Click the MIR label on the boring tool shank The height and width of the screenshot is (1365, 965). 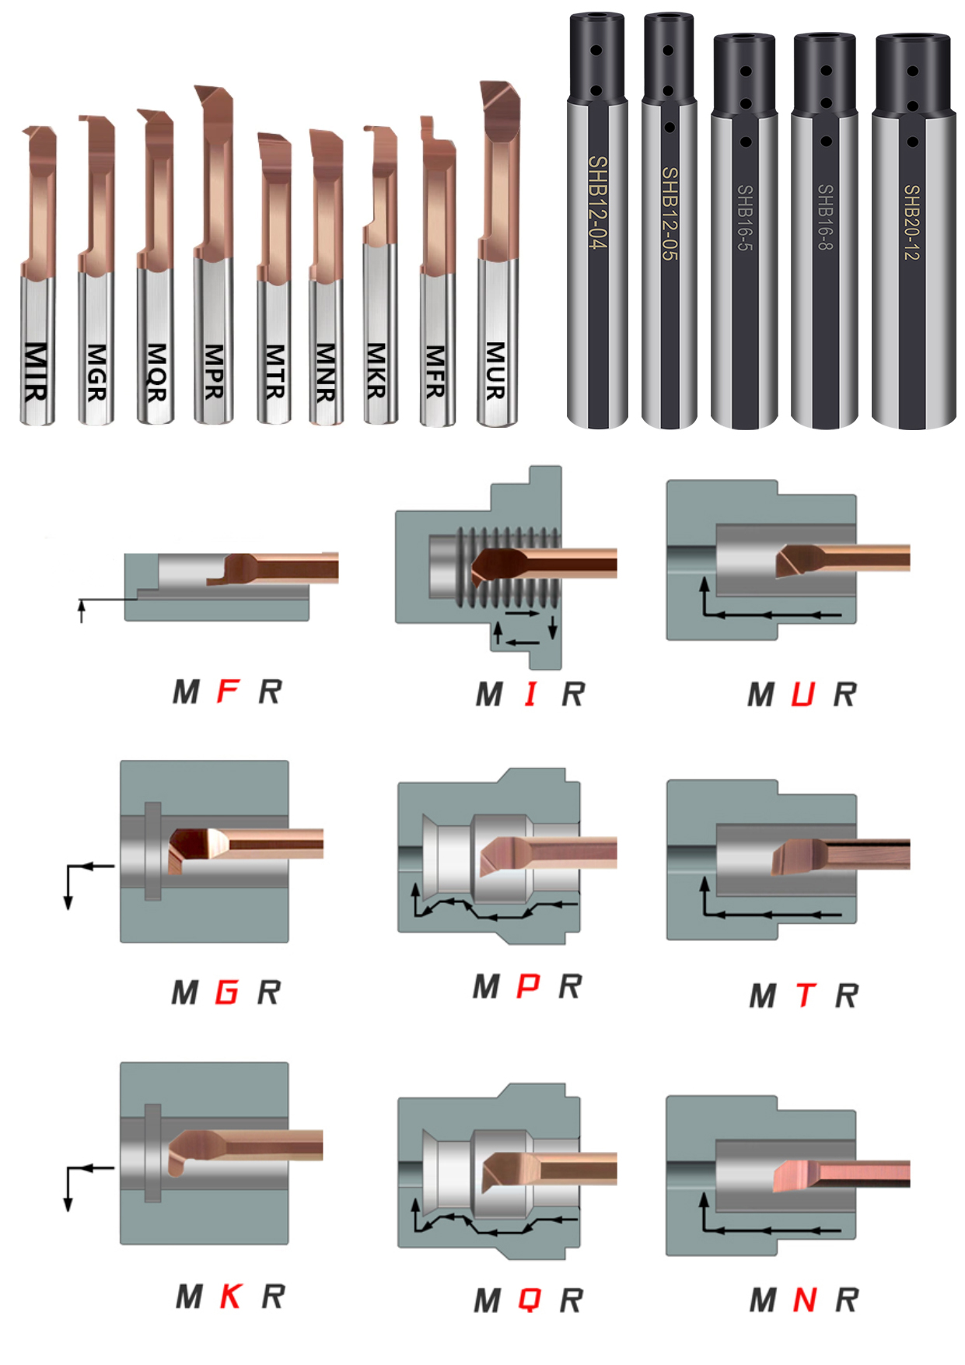(36, 372)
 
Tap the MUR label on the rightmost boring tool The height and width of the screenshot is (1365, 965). (496, 371)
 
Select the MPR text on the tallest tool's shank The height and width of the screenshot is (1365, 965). (214, 372)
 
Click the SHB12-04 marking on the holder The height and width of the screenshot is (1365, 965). (597, 202)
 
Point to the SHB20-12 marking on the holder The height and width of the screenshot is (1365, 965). (912, 222)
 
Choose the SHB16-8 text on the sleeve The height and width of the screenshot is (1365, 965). (826, 217)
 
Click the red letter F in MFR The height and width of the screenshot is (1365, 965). (228, 691)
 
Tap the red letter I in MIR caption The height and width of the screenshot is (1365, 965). (531, 693)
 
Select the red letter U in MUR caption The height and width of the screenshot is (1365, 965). (802, 694)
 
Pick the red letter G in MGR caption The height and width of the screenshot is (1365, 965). (227, 992)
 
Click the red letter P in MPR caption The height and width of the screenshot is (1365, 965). (528, 986)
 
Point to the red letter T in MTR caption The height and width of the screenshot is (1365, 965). (806, 995)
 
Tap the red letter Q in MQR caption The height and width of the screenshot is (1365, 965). (530, 1300)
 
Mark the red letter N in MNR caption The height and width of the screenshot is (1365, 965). (805, 1299)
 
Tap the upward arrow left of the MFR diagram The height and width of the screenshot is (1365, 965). (81, 611)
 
